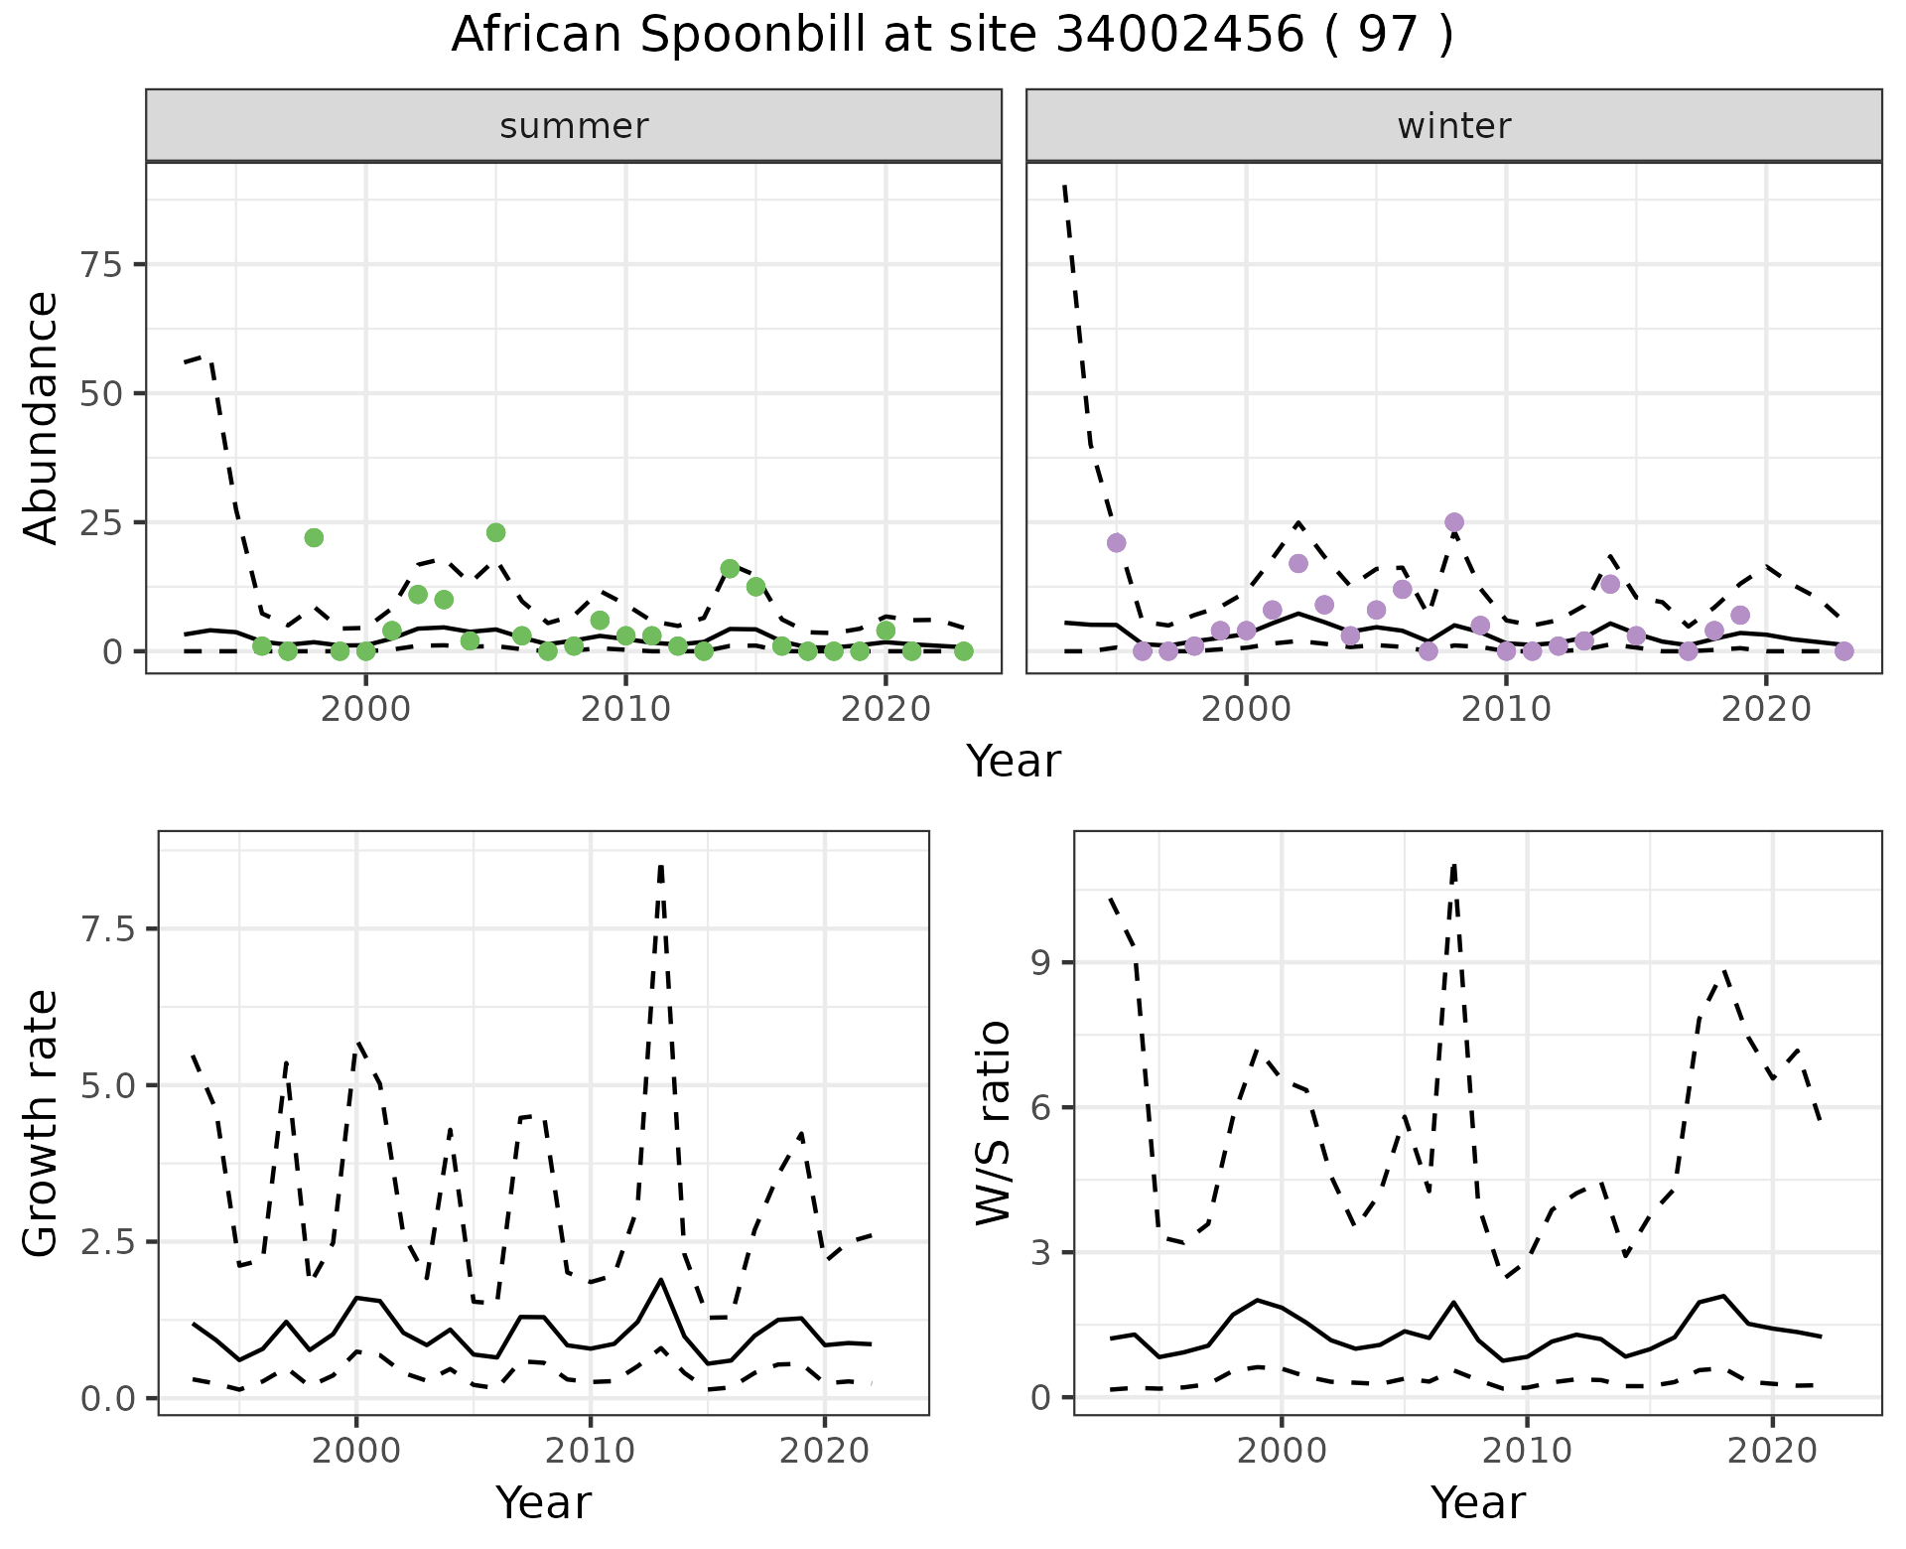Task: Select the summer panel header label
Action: click(x=574, y=126)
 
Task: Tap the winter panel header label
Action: click(x=1453, y=126)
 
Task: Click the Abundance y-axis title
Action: click(x=42, y=417)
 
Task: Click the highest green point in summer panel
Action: click(x=496, y=532)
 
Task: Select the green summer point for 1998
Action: click(x=314, y=537)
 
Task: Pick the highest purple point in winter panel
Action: click(x=1454, y=522)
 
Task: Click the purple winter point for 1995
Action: click(x=1116, y=542)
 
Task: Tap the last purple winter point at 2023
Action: click(x=1844, y=651)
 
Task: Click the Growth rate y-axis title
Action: click(x=42, y=1122)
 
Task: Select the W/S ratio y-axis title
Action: click(x=993, y=1122)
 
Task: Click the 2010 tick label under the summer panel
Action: click(x=625, y=709)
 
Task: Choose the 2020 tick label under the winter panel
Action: click(x=1766, y=709)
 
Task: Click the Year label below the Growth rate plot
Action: click(x=543, y=1502)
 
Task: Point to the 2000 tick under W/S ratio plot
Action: click(x=1281, y=1451)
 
